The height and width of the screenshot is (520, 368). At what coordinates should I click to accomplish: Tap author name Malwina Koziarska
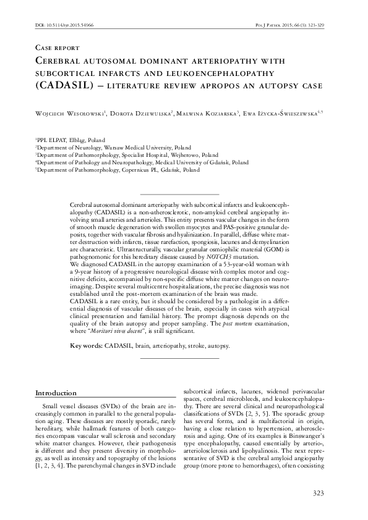[207, 113]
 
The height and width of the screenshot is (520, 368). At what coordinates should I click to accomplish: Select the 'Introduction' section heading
[56, 393]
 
